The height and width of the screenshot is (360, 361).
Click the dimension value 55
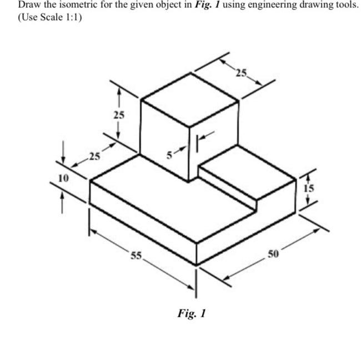coord(137,256)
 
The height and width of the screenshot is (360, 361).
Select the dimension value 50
coord(272,254)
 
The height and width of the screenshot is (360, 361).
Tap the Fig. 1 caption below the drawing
coord(192,313)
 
